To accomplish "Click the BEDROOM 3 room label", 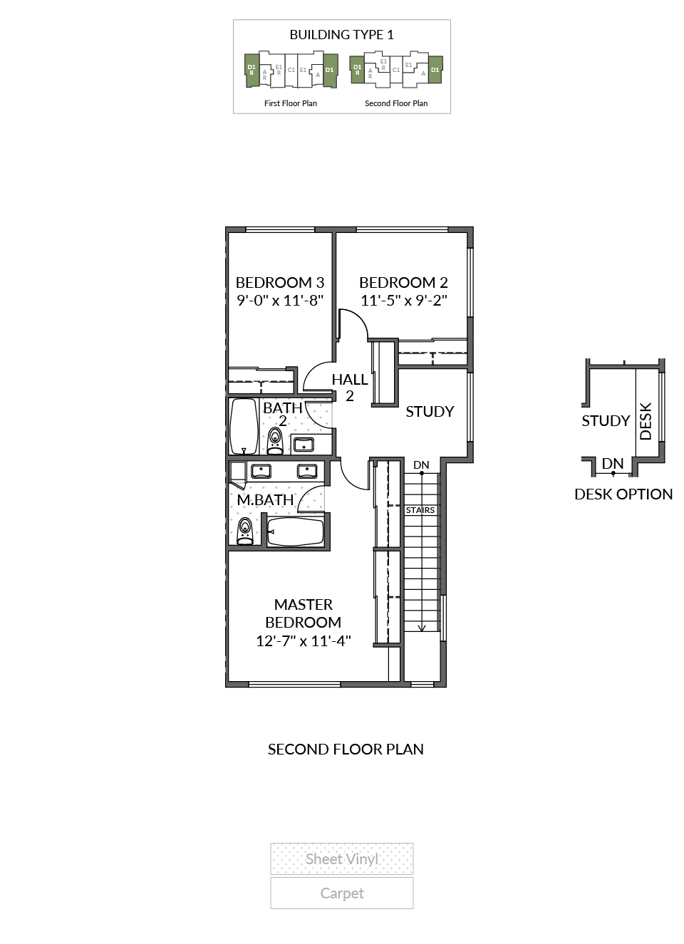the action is (280, 282).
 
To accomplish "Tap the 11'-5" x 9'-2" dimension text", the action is (404, 301).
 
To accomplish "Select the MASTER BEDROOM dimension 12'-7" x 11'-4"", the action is (304, 641).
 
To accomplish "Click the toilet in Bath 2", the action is (275, 441).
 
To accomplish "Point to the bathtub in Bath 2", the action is (244, 426).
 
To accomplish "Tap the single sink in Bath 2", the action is (304, 445).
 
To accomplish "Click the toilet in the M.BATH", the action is (245, 531).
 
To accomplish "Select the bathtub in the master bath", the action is (296, 531).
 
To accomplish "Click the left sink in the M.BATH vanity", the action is (261, 471).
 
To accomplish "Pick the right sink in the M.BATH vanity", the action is (307, 471).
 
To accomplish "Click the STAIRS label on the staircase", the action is (420, 510).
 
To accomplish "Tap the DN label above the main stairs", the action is (421, 465).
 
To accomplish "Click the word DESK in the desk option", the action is (646, 421).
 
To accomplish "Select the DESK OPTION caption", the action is (623, 494).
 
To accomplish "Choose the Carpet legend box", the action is (342, 893).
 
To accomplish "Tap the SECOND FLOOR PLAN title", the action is (346, 749).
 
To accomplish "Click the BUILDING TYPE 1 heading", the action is (342, 35).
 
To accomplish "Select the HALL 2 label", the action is (350, 388).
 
